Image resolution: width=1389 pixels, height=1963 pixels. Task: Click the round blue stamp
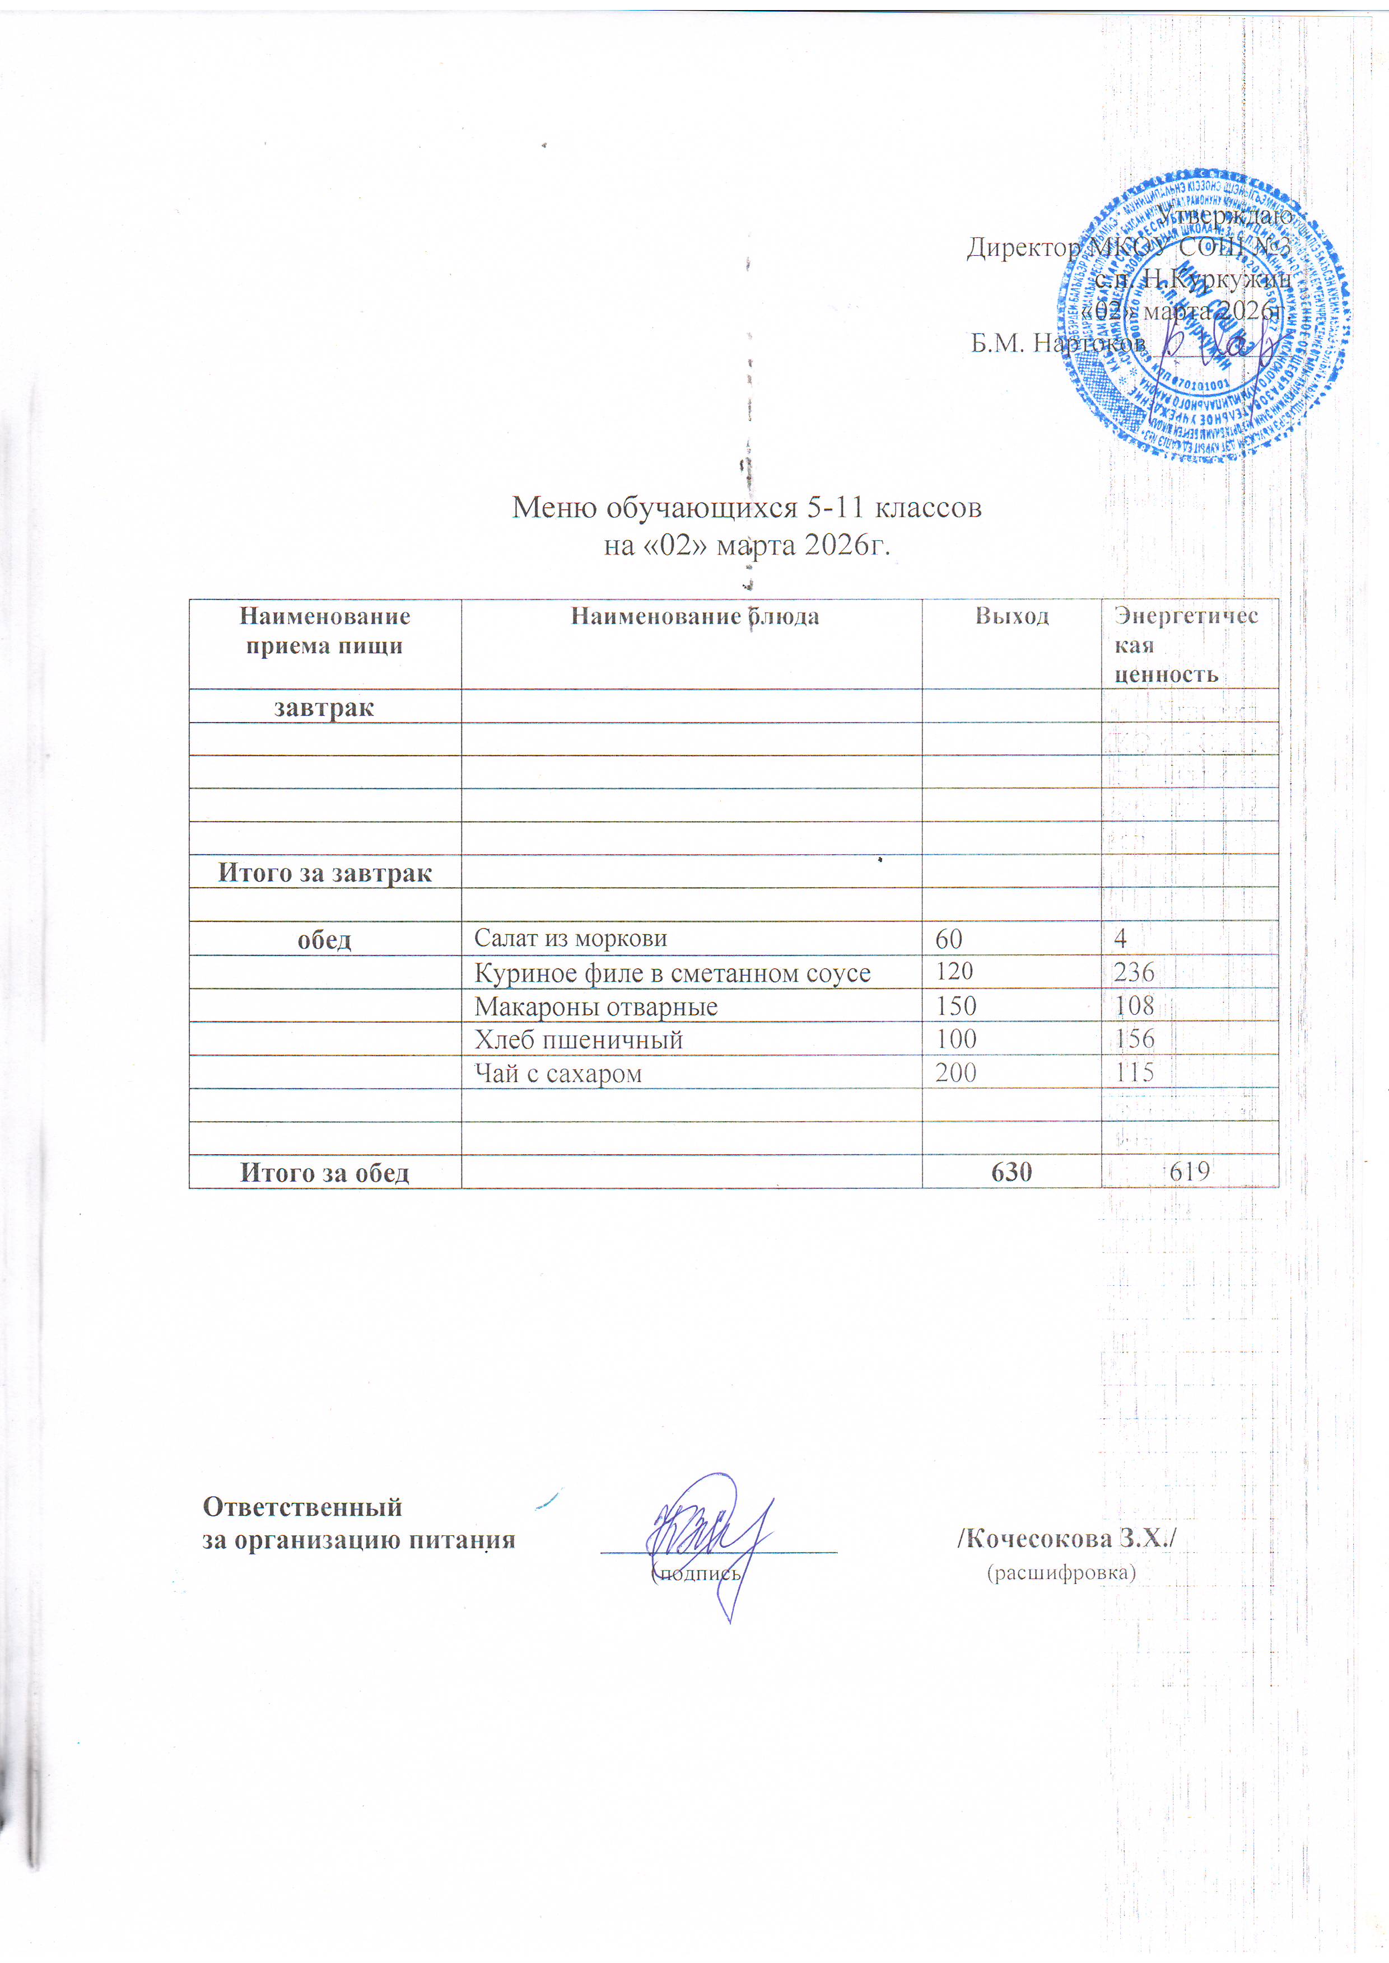coord(1202,316)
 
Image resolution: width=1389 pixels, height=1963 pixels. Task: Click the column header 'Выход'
coord(1012,616)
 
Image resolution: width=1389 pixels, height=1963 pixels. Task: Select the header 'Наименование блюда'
coord(694,616)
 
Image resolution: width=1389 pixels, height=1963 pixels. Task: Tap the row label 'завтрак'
coord(324,708)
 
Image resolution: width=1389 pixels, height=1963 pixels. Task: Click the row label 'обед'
coord(324,940)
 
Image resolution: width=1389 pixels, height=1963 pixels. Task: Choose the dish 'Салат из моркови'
coord(571,938)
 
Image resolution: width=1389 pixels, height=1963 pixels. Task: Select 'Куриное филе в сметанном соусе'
coord(672,973)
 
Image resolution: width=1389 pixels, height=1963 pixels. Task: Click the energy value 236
coord(1134,972)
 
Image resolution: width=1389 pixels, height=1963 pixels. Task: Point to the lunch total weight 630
coord(1012,1172)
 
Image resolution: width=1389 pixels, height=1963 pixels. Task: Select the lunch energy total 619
coord(1189,1172)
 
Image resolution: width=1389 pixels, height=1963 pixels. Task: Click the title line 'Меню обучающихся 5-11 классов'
coord(747,508)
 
